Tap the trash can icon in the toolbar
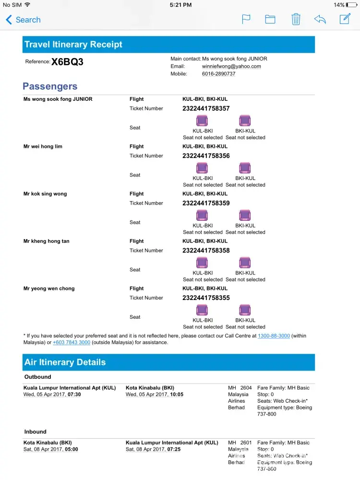coord(296,19)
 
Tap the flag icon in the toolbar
coord(246,19)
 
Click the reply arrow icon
coord(320,19)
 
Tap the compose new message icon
coord(345,19)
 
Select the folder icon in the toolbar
coord(270,19)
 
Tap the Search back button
coord(23,20)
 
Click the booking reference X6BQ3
coord(67,62)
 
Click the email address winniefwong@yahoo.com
coord(231,66)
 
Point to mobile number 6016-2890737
coord(218,74)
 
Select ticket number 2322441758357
coord(206,108)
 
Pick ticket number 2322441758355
coord(206,298)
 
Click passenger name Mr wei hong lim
coord(43,146)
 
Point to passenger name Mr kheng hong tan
coord(46,241)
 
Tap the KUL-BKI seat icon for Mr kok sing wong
coord(202,216)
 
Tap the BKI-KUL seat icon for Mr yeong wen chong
coord(245,310)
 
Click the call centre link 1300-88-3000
coord(274,336)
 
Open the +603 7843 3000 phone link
coord(72,343)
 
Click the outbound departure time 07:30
coord(74,395)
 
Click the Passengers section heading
coord(50,86)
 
